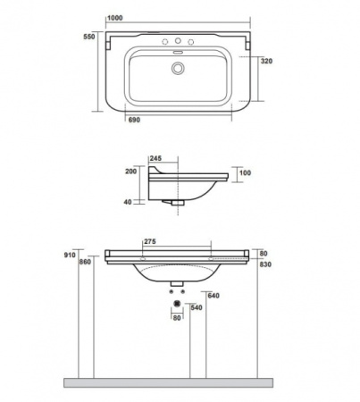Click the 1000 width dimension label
(114, 18)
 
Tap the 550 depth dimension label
(89, 37)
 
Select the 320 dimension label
(266, 61)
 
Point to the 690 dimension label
(134, 120)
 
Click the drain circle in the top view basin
(178, 68)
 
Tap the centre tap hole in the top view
(178, 40)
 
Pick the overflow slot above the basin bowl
(178, 52)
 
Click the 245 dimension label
(155, 158)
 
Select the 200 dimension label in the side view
(130, 172)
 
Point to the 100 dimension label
(245, 172)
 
